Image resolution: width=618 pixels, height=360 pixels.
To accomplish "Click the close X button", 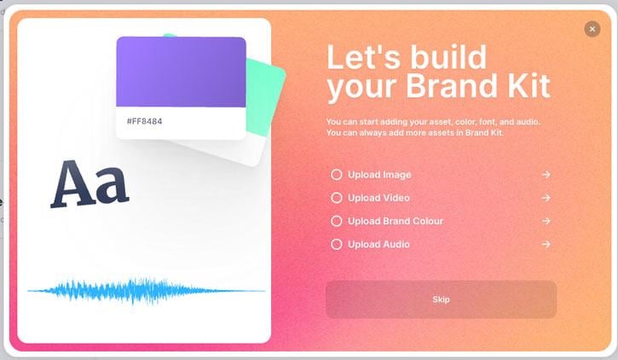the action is click(592, 29).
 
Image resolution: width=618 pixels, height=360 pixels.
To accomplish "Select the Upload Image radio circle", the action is click(336, 174).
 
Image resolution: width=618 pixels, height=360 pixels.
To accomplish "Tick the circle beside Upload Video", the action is click(336, 198).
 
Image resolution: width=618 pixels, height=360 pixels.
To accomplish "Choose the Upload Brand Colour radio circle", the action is click(336, 221).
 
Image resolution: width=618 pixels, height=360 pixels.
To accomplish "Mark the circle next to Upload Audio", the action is click(336, 244).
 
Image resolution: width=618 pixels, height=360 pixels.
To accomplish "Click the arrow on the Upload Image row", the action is click(546, 174).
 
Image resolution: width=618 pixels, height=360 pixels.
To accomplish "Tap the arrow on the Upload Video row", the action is click(546, 198).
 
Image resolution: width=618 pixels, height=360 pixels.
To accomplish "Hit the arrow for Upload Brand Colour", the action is click(546, 221).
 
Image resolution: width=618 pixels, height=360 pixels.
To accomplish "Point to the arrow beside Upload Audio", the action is click(546, 244).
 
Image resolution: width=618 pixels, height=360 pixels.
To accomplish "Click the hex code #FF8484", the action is click(144, 121).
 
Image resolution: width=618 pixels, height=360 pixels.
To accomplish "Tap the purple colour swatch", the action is click(181, 72).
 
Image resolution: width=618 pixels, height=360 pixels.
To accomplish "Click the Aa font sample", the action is click(90, 183).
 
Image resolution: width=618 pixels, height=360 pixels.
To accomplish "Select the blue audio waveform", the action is click(146, 291).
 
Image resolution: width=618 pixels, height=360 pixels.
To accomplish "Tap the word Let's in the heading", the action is click(364, 57).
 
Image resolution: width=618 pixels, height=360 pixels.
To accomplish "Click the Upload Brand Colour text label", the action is click(396, 221).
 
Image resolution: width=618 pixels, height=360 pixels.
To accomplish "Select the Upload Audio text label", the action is click(378, 244).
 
